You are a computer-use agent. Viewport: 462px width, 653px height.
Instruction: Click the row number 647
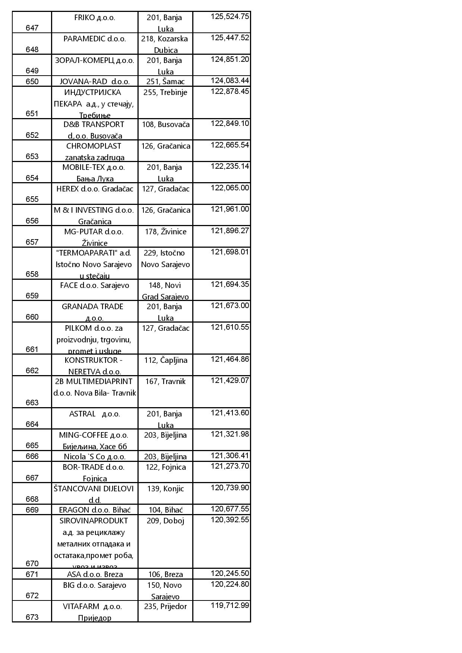tap(32, 28)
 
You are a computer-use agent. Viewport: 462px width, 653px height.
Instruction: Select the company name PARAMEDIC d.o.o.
tap(95, 39)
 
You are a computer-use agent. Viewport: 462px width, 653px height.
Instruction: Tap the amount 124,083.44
tap(230, 80)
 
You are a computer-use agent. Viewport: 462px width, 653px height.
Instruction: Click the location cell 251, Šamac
tap(165, 82)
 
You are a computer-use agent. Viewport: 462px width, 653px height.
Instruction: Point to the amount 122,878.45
tap(230, 91)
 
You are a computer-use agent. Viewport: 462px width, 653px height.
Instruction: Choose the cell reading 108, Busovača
tap(165, 124)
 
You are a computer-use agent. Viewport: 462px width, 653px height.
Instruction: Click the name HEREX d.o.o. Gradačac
tap(95, 189)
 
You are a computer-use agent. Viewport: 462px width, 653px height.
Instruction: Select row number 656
tap(32, 221)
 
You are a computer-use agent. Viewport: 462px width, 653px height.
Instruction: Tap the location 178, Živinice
tap(165, 232)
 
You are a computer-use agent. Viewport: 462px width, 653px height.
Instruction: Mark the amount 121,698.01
tap(230, 252)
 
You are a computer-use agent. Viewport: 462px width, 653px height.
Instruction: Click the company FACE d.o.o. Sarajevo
tap(95, 285)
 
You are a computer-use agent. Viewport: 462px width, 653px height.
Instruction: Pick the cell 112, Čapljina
tap(165, 360)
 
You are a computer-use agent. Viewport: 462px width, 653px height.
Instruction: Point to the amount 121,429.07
tap(230, 380)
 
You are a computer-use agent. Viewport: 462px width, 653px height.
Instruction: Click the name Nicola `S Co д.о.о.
tap(95, 457)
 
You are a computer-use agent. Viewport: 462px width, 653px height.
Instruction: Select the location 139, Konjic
tap(165, 489)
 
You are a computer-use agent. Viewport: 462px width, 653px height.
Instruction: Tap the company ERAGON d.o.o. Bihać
tap(95, 510)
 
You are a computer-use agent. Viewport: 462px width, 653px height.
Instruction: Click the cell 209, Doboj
tap(165, 521)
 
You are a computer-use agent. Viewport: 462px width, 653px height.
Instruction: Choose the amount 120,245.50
tap(230, 573)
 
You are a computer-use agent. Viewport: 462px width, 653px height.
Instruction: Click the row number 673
tap(32, 617)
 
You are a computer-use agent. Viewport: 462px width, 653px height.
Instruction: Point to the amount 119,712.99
tap(230, 605)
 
